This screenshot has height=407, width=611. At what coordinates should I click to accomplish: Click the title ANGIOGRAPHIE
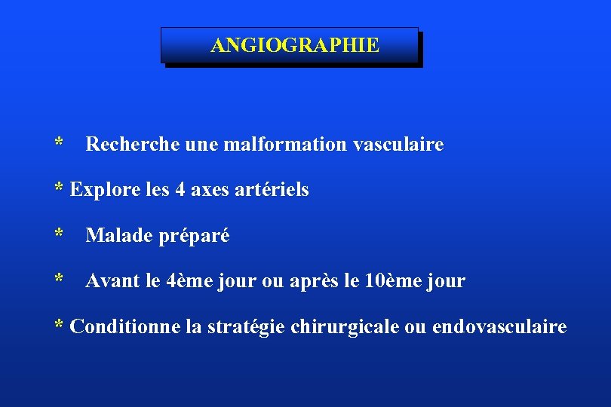tap(295, 46)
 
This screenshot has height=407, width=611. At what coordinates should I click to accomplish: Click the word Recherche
tap(132, 144)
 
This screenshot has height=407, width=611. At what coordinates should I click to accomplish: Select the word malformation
tap(285, 144)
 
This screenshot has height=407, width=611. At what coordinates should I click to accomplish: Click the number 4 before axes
tap(180, 190)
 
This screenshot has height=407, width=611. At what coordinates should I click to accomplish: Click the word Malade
tap(117, 236)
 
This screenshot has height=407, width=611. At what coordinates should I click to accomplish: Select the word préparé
tap(195, 237)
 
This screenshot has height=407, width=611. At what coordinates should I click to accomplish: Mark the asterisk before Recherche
tap(59, 142)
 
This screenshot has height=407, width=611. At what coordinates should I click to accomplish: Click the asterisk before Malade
tap(59, 234)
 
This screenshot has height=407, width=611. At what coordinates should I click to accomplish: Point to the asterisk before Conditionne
tap(59, 326)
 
